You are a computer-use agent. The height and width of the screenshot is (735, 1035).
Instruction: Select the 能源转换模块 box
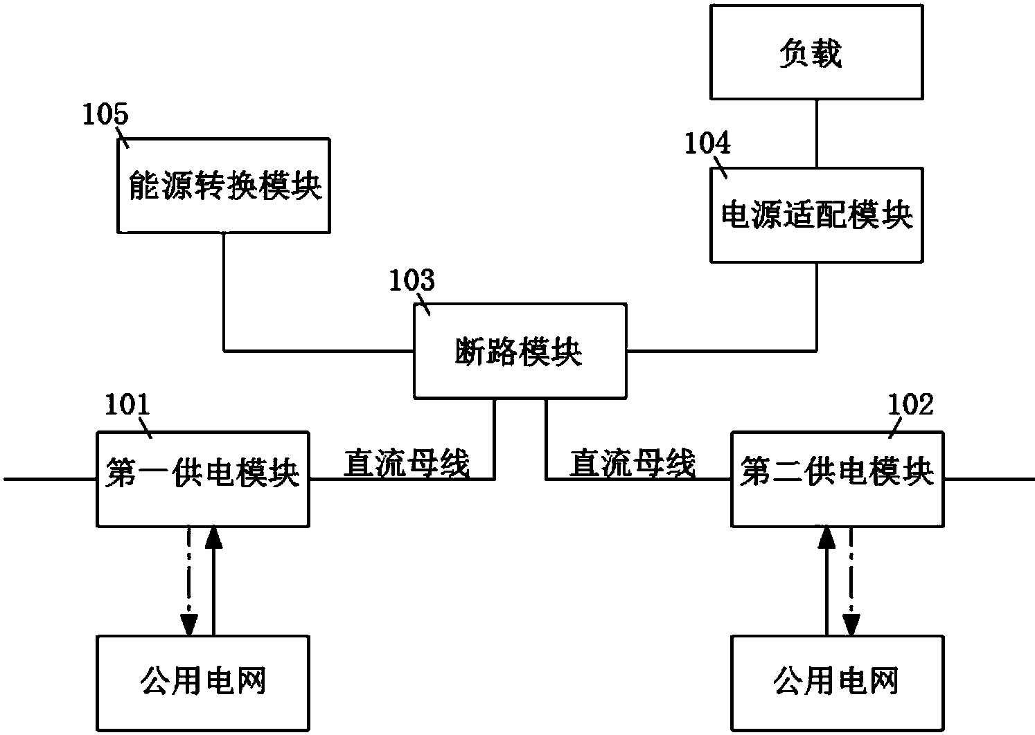pyautogui.click(x=224, y=185)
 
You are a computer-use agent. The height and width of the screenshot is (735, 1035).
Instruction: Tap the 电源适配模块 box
pyautogui.click(x=816, y=215)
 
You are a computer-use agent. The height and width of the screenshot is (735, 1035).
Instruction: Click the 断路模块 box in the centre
pyautogui.click(x=520, y=351)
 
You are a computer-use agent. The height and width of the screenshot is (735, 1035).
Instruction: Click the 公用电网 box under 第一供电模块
pyautogui.click(x=202, y=682)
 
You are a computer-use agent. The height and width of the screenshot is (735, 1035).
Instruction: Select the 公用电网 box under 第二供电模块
pyautogui.click(x=837, y=682)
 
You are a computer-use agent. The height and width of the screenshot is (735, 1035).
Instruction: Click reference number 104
pyautogui.click(x=707, y=143)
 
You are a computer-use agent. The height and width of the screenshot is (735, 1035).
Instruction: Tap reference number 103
pyautogui.click(x=412, y=281)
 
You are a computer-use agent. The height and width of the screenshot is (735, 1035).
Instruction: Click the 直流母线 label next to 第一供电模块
pyautogui.click(x=407, y=463)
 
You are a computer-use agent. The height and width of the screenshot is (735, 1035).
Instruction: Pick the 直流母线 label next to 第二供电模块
pyautogui.click(x=632, y=463)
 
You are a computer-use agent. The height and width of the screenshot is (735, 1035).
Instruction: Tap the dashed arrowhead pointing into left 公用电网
pyautogui.click(x=187, y=624)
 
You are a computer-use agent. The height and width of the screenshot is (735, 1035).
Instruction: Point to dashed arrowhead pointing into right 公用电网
pyautogui.click(x=851, y=624)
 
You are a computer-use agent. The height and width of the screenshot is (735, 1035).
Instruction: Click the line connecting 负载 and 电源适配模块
pyautogui.click(x=816, y=133)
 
